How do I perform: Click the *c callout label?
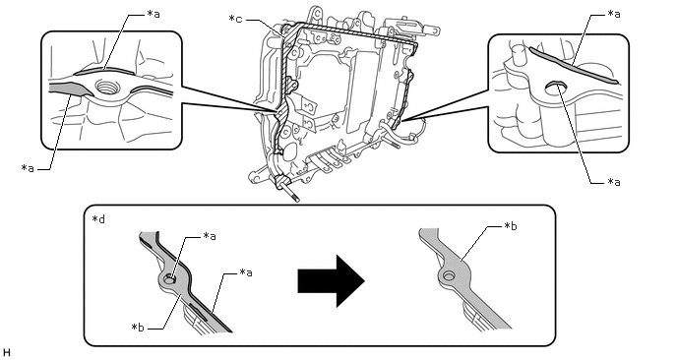(235, 19)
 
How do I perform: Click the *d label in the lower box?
(98, 219)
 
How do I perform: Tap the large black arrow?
(332, 280)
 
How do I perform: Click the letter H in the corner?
(6, 353)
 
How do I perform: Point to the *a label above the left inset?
(154, 14)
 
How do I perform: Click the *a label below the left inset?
(28, 168)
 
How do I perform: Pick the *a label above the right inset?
(614, 14)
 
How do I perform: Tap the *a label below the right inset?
(614, 182)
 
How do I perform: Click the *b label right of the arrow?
(511, 226)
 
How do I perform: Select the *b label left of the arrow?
(138, 328)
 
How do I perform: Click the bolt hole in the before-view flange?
(169, 279)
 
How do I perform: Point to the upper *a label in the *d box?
(210, 236)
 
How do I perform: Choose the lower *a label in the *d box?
(246, 272)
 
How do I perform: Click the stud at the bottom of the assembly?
(289, 194)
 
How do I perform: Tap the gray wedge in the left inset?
(71, 90)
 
